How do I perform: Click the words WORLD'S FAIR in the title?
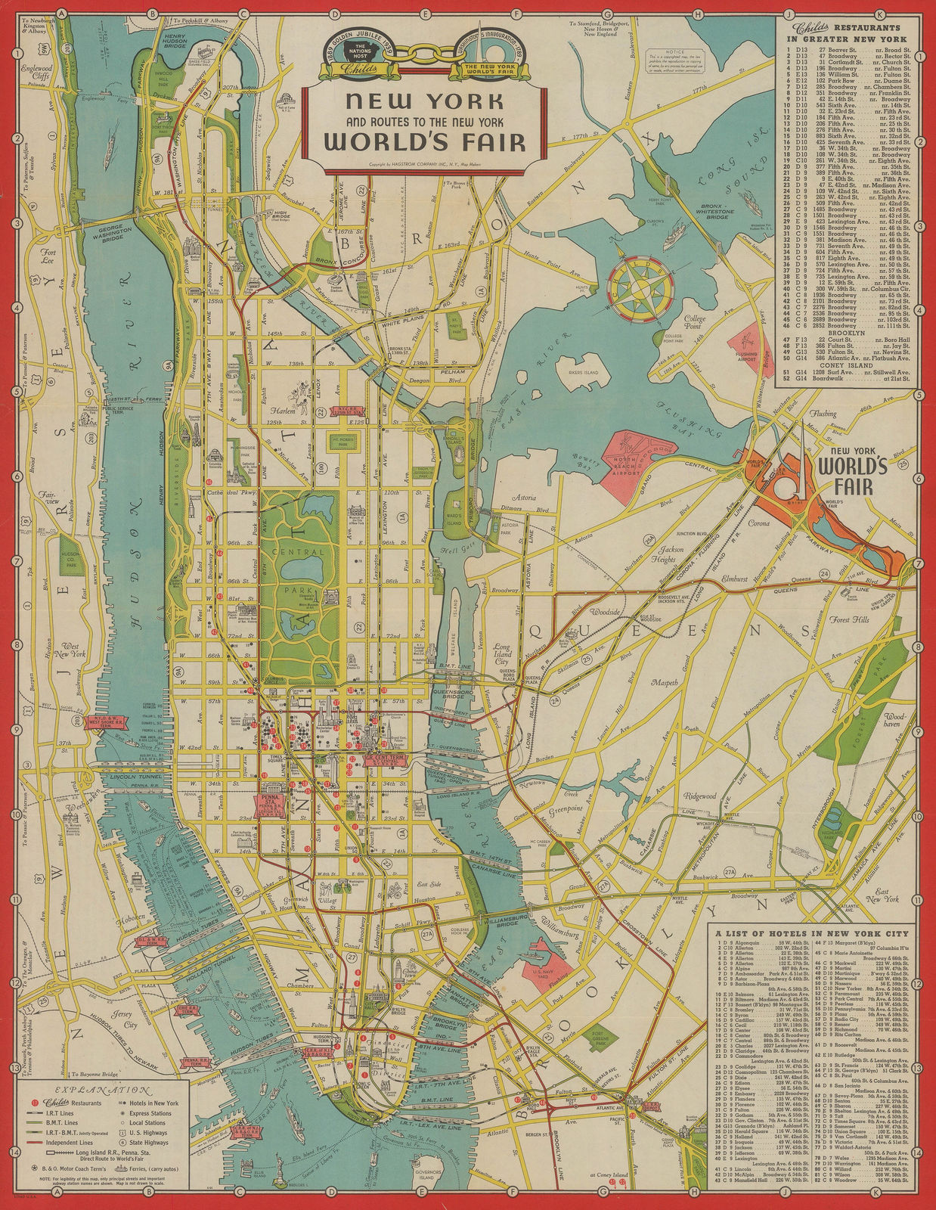tap(426, 141)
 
